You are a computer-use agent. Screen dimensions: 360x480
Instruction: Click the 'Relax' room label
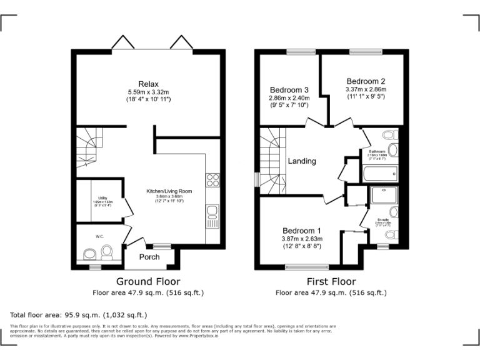[149, 84]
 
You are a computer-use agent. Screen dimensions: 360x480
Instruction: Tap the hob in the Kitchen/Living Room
[213, 180]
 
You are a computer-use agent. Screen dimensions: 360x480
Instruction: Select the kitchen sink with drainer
[213, 216]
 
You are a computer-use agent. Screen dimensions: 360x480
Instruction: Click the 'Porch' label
[149, 257]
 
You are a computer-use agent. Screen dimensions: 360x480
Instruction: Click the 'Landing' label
[302, 161]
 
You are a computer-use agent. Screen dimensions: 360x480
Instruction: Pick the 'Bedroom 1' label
[302, 230]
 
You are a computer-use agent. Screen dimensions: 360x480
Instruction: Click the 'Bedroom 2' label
[366, 81]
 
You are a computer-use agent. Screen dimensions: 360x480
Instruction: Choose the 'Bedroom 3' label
[289, 89]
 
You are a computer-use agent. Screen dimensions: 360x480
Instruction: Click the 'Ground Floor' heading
[148, 282]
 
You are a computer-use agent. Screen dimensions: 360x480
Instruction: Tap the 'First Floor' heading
[331, 282]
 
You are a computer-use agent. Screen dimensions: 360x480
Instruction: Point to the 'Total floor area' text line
[79, 315]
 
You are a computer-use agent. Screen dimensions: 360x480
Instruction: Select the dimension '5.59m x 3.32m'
[149, 92]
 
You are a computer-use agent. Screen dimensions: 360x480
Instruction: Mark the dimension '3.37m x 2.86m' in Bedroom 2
[366, 89]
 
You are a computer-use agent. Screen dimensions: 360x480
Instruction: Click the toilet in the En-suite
[390, 235]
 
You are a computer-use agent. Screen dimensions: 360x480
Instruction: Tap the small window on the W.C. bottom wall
[95, 267]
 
